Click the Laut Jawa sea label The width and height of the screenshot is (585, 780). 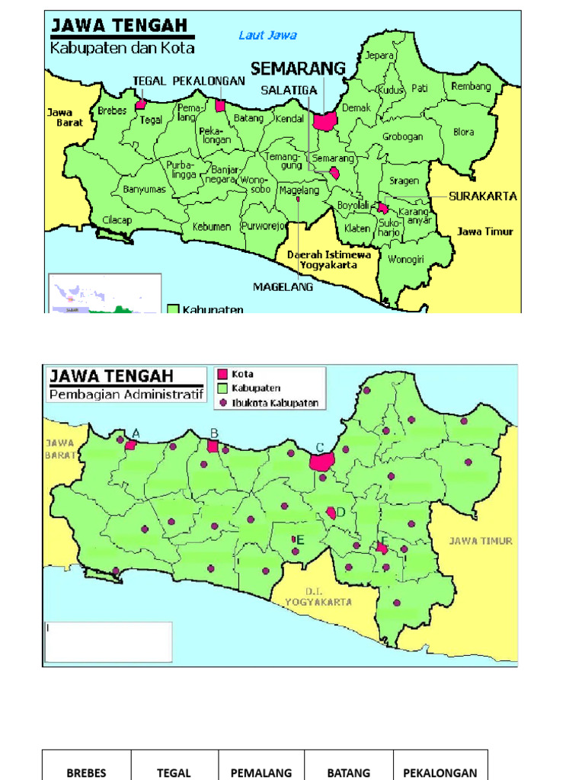pyautogui.click(x=267, y=35)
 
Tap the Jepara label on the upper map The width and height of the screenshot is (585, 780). pyautogui.click(x=379, y=56)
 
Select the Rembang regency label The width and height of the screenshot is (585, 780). pyautogui.click(x=471, y=87)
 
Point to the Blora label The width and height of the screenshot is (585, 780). pyautogui.click(x=463, y=132)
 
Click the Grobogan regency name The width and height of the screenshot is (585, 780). pyautogui.click(x=402, y=138)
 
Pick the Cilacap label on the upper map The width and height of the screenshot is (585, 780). pyautogui.click(x=117, y=221)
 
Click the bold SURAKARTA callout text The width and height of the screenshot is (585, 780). pyautogui.click(x=483, y=196)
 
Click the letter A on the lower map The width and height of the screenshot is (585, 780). pyautogui.click(x=136, y=433)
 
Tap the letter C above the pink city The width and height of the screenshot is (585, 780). pyautogui.click(x=320, y=447)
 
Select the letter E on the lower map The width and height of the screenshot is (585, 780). pyautogui.click(x=301, y=540)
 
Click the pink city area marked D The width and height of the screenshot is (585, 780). pyautogui.click(x=331, y=513)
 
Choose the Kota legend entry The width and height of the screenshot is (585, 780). pyautogui.click(x=242, y=374)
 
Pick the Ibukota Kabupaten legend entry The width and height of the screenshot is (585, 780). pyautogui.click(x=274, y=403)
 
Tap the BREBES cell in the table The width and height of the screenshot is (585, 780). pyautogui.click(x=86, y=772)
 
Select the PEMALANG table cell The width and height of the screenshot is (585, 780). pyautogui.click(x=261, y=772)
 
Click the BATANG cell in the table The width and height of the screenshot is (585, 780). pyautogui.click(x=349, y=772)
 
